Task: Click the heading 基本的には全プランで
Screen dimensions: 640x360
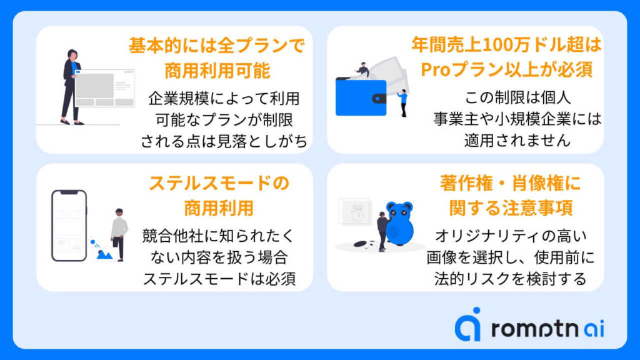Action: pos(217,45)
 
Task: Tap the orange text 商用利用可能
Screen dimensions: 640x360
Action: pos(217,70)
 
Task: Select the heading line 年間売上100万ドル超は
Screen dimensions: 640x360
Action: pos(506,45)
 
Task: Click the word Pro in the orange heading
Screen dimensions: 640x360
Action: pos(436,70)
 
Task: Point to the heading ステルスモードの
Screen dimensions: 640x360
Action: pos(219,183)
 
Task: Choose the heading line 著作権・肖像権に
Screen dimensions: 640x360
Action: pos(511,183)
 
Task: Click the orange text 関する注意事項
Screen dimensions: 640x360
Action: pos(511,207)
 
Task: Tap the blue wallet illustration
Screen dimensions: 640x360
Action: pos(361,97)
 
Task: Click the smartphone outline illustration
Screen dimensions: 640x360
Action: pos(69,225)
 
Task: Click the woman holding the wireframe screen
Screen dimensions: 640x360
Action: pos(71,86)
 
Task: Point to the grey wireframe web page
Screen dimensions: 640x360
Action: pos(104,88)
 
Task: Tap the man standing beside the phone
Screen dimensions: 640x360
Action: pos(119,234)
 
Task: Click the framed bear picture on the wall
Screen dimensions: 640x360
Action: pos(355,212)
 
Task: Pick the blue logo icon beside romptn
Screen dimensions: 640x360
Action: pos(468,324)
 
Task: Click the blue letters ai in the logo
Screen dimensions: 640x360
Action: pos(594,329)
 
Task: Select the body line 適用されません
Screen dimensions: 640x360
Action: pos(517,141)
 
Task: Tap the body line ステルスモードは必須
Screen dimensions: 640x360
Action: pos(219,279)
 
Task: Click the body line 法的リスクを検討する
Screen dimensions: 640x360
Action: pos(510,279)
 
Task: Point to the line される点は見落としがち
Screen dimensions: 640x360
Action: pos(224,141)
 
